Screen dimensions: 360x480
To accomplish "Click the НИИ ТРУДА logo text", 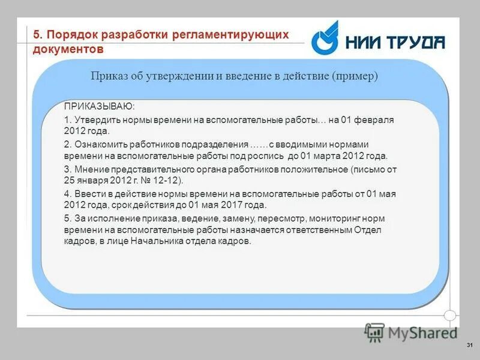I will click(395, 41).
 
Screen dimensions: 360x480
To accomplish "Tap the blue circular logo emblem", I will click(326, 39).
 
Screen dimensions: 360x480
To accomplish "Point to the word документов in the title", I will click(69, 49).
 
